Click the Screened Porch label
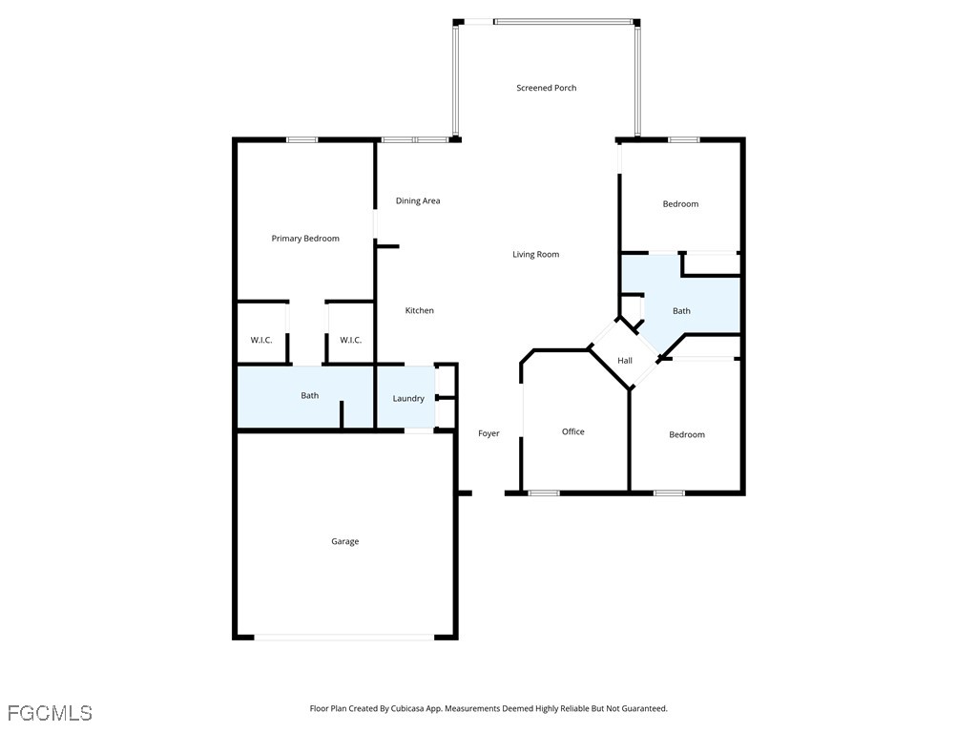[547, 88]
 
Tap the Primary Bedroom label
[305, 238]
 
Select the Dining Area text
[418, 200]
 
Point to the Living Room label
[536, 254]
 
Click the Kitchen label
[420, 310]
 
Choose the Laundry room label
[408, 398]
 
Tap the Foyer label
[488, 433]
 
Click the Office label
[573, 431]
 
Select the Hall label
[625, 360]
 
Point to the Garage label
[344, 542]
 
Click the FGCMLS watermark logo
[50, 713]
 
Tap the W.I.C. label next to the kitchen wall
[350, 340]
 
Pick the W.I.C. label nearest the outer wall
[261, 340]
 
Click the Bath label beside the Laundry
[310, 395]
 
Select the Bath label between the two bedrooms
[681, 310]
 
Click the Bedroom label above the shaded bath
[680, 204]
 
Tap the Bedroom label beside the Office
[687, 434]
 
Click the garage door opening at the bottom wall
[343, 637]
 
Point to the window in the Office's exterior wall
[544, 493]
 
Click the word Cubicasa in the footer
[406, 709]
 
